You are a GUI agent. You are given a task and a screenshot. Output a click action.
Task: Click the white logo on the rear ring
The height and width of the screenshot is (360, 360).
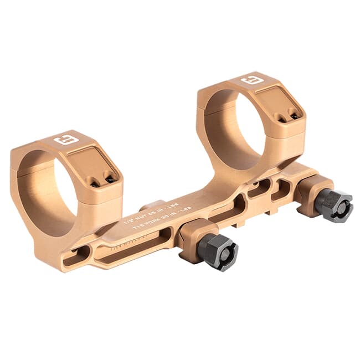point(251,81)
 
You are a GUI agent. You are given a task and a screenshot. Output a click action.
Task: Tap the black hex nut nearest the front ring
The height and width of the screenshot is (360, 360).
point(218,252)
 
